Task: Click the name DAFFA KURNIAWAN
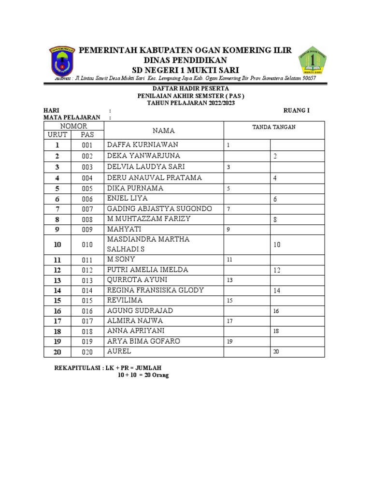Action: [x=143, y=145]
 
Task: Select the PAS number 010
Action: [x=87, y=245]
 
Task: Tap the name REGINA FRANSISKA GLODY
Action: [x=155, y=290]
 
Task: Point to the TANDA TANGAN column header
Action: [x=274, y=127]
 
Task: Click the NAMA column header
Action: [x=164, y=131]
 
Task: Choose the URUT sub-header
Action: [x=57, y=134]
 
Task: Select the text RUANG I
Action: [x=296, y=110]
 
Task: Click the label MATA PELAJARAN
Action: [x=72, y=117]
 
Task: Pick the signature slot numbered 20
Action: [x=276, y=352]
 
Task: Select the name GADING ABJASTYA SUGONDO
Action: [x=159, y=209]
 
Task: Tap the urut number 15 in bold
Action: [x=57, y=301]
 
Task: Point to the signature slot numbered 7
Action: [x=228, y=209]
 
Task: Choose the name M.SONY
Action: [x=121, y=260]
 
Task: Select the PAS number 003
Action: [x=87, y=167]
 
